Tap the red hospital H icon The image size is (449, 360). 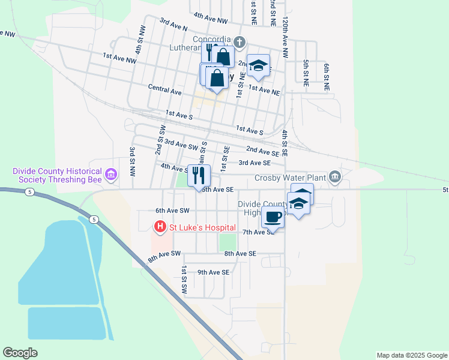point(160,226)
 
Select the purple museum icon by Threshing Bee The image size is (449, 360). point(110,175)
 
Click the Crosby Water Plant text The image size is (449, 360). point(290,178)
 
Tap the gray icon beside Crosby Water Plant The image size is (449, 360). point(335,176)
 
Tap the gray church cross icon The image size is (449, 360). point(240,42)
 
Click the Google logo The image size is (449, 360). point(20,352)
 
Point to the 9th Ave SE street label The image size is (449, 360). point(214,272)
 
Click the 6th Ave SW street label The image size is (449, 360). point(172,211)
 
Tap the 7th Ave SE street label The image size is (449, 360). point(258,232)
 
